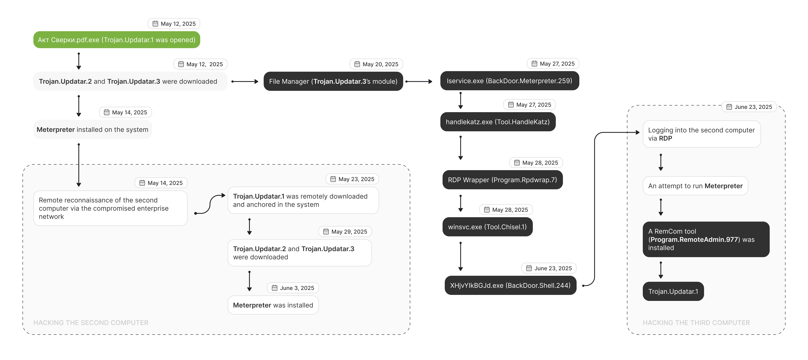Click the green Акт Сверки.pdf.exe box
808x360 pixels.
(117, 40)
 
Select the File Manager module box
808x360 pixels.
(333, 81)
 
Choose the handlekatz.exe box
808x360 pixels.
(498, 122)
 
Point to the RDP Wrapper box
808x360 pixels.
(503, 180)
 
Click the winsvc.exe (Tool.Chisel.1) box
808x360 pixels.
(487, 227)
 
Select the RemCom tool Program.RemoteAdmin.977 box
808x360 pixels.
(706, 239)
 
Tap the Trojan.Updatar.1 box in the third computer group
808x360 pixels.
(673, 291)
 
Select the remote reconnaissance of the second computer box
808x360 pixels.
(110, 208)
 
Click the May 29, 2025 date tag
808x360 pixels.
(345, 231)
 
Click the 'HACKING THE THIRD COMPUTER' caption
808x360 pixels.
(696, 323)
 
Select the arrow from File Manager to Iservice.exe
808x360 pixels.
(419, 82)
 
